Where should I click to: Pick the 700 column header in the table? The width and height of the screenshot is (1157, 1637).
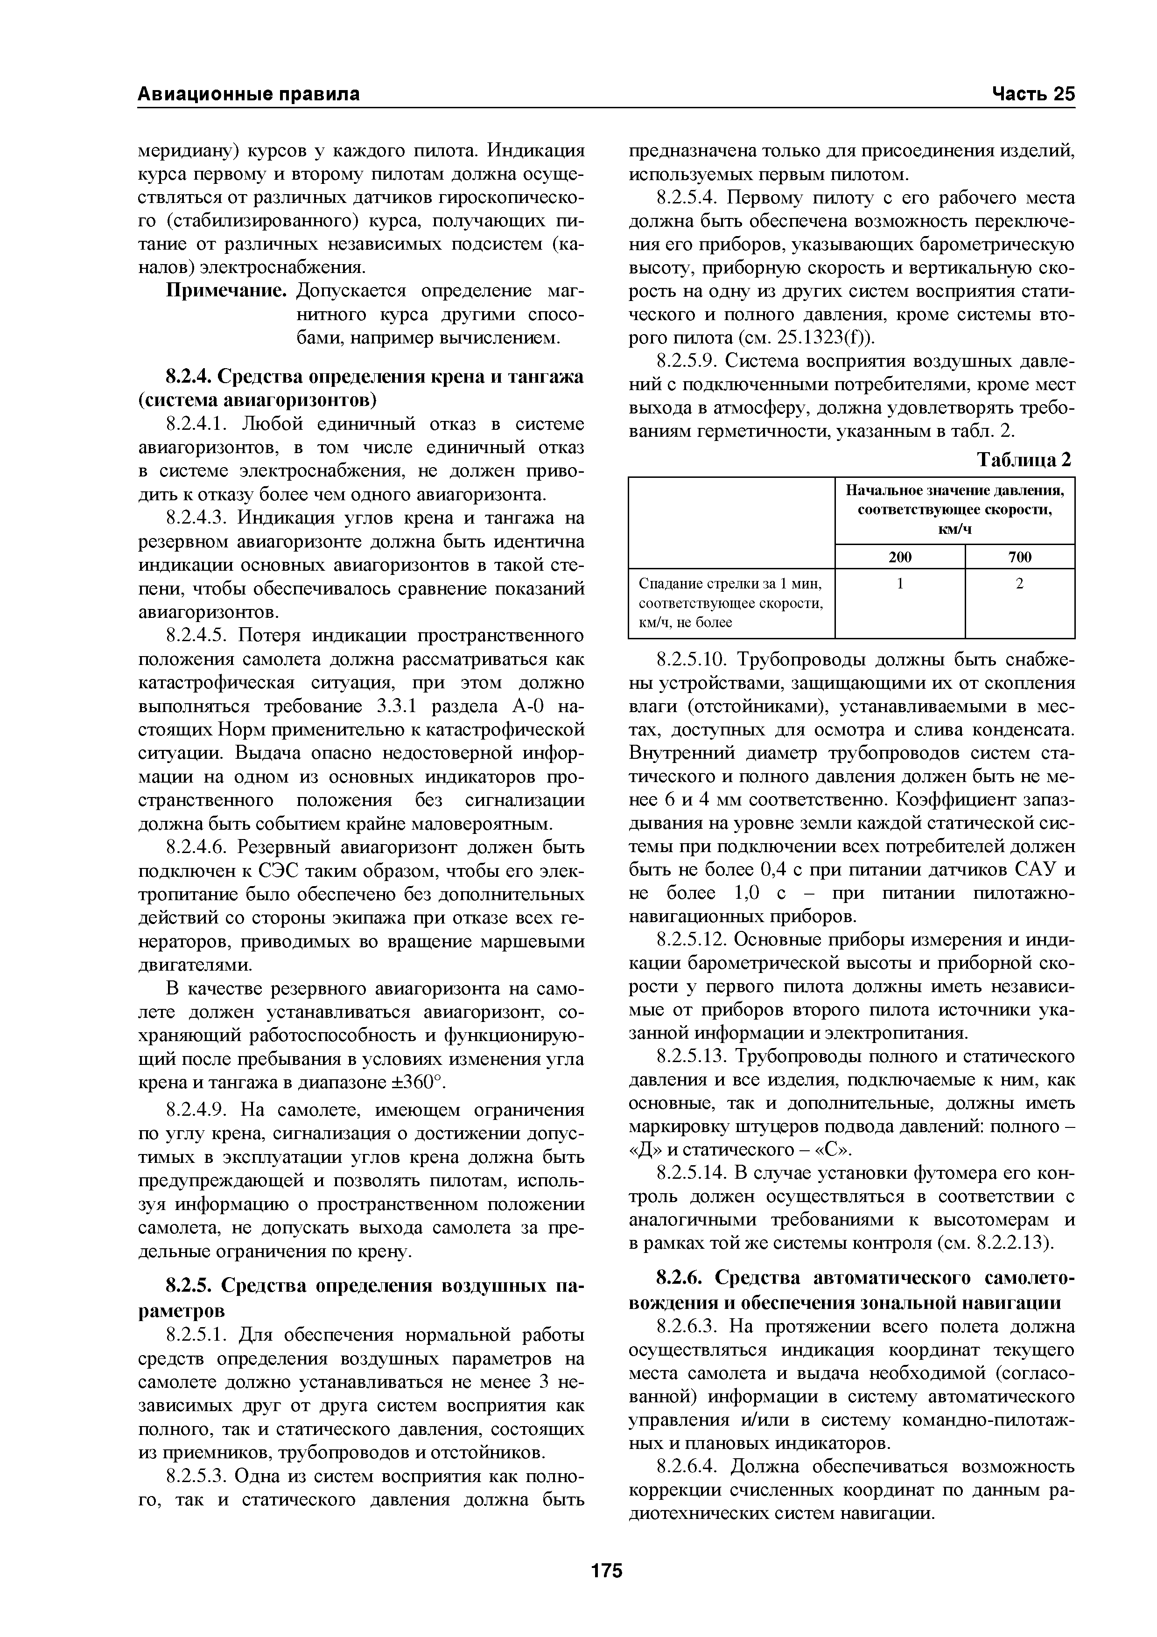(1019, 557)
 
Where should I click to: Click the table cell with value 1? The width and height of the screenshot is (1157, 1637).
(900, 583)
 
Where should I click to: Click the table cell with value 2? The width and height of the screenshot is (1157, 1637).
(1019, 583)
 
